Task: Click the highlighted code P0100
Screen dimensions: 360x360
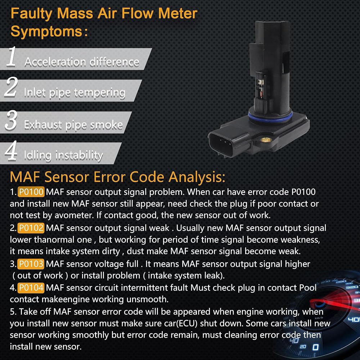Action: click(x=31, y=192)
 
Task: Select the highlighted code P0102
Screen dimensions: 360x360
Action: click(x=31, y=228)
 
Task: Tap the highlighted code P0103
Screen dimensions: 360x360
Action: click(x=31, y=264)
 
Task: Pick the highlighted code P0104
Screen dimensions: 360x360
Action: click(x=31, y=288)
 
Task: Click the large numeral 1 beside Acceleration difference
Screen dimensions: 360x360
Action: click(x=12, y=57)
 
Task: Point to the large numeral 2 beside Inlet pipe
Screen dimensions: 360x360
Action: click(x=11, y=87)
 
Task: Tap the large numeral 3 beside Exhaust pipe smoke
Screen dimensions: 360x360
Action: click(x=11, y=120)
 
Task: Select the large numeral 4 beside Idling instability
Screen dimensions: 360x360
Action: click(x=11, y=150)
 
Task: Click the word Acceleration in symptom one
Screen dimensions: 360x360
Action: click(x=55, y=62)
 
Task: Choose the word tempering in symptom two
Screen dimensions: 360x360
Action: click(x=100, y=93)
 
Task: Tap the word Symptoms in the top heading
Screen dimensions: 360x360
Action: click(x=46, y=32)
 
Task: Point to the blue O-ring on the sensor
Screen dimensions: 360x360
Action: click(x=270, y=117)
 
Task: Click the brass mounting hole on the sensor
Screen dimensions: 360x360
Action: click(x=266, y=139)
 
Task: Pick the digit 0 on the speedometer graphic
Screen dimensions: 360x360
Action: click(x=316, y=347)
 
